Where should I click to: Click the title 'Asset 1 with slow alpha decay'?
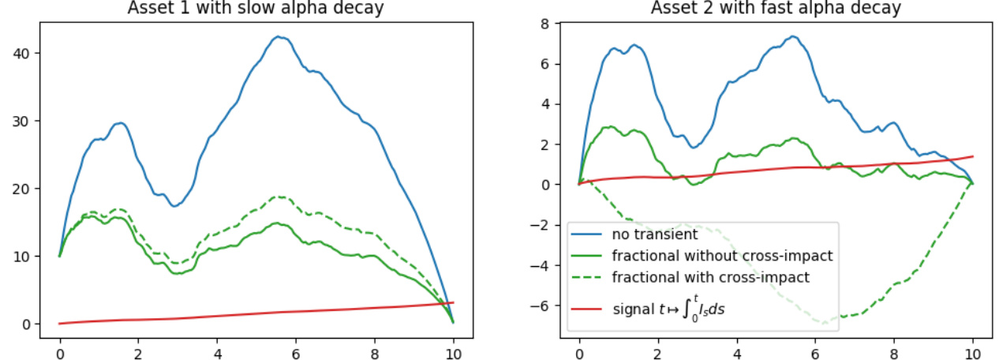click(256, 9)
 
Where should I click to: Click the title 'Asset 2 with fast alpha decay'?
click(776, 9)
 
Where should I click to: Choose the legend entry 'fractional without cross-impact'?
click(722, 256)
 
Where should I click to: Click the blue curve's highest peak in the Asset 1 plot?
click(278, 36)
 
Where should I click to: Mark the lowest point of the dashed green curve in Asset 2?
click(825, 323)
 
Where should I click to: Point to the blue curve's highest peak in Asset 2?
click(795, 36)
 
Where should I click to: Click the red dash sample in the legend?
click(587, 309)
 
